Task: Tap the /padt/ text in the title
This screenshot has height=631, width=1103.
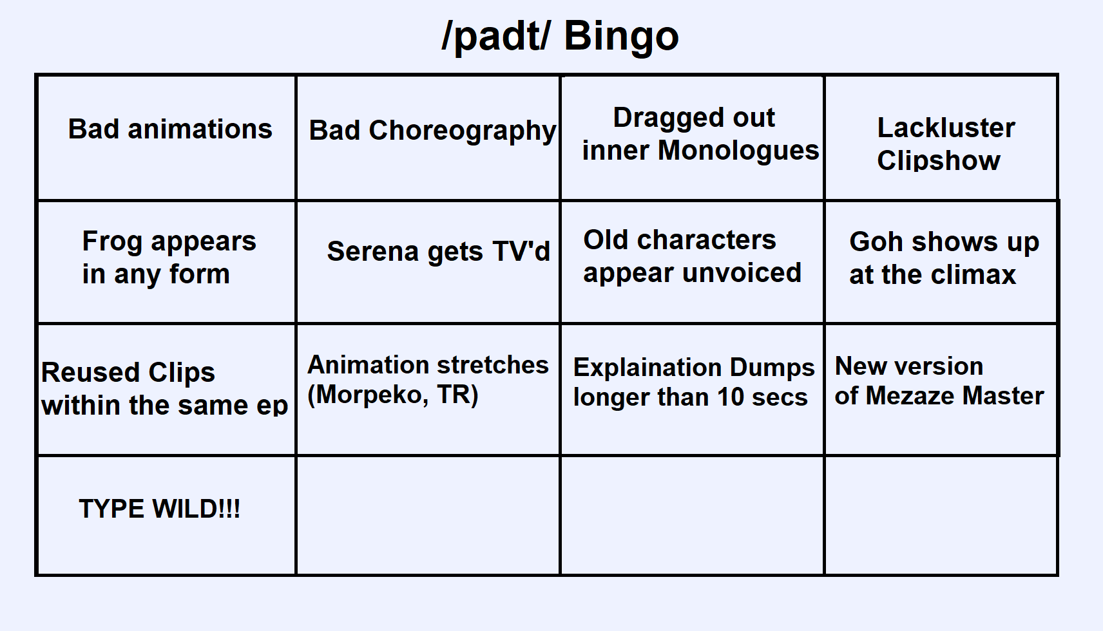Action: [496, 37]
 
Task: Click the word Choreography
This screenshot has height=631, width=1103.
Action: [463, 131]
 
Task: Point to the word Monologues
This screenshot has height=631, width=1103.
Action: [738, 150]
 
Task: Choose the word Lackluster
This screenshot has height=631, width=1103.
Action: [946, 128]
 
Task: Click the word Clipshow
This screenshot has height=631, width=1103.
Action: [939, 161]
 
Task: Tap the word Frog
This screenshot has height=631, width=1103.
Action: [112, 242]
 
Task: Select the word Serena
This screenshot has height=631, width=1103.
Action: [373, 252]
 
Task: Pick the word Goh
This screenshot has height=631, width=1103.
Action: [877, 241]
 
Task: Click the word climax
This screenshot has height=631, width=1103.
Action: [974, 274]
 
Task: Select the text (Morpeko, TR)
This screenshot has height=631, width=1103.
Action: [393, 394]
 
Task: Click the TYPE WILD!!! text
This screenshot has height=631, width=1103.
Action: [160, 509]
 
